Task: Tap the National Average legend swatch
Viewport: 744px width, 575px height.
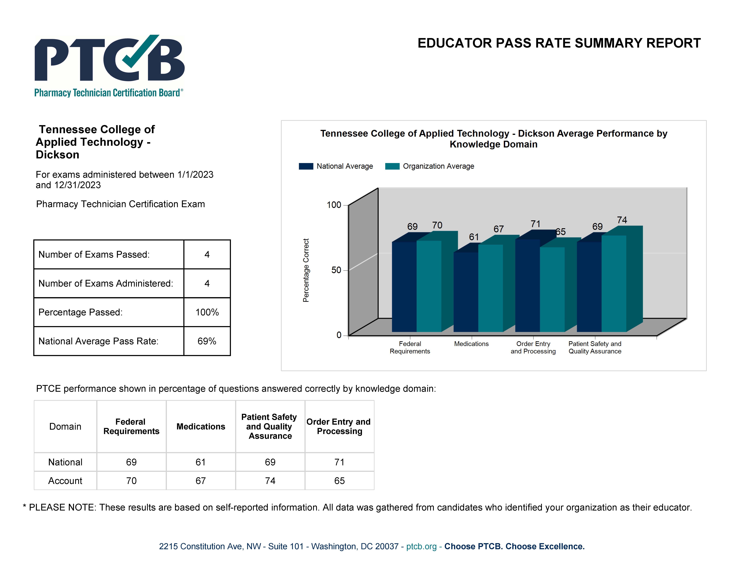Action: pyautogui.click(x=306, y=166)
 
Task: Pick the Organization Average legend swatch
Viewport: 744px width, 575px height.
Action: pyautogui.click(x=392, y=166)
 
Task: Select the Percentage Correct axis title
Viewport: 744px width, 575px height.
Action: pyautogui.click(x=306, y=270)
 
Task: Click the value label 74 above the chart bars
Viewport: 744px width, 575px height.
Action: pyautogui.click(x=622, y=220)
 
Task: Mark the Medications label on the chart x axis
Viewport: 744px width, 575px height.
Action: pyautogui.click(x=471, y=344)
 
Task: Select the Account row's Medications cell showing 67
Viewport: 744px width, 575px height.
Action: pyautogui.click(x=201, y=481)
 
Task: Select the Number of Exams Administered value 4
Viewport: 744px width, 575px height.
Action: pyautogui.click(x=207, y=283)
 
